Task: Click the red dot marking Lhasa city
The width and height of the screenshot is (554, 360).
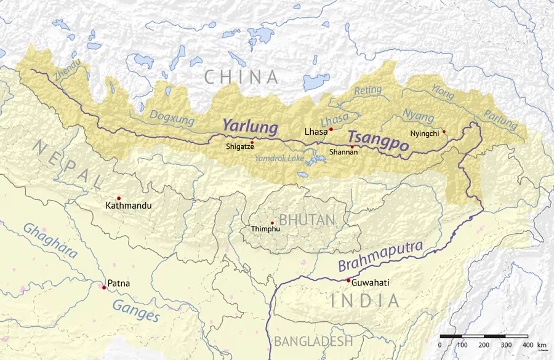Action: pyautogui.click(x=331, y=129)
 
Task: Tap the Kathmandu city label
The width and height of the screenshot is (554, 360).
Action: pyautogui.click(x=128, y=206)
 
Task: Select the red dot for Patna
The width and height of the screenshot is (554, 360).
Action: pyautogui.click(x=104, y=287)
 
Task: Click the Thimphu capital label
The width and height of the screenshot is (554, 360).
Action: pyautogui.click(x=265, y=229)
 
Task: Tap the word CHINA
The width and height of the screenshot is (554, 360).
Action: pyautogui.click(x=241, y=77)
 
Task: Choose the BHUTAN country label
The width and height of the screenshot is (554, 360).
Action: pyautogui.click(x=307, y=220)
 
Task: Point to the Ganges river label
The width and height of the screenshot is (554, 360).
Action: pyautogui.click(x=136, y=309)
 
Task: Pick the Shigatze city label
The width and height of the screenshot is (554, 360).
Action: pyautogui.click(x=240, y=148)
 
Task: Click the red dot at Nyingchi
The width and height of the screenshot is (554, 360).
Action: pyautogui.click(x=444, y=132)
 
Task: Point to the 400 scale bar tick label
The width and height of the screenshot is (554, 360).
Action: pyautogui.click(x=528, y=345)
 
